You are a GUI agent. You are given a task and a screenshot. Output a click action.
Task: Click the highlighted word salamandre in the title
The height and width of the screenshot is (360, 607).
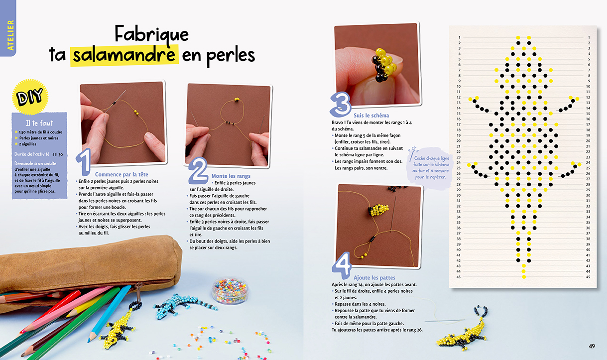point(124,55)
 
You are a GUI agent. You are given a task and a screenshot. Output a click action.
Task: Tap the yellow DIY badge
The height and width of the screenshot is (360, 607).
point(30,97)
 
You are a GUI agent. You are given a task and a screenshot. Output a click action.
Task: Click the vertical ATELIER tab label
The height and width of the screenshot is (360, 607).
point(10,35)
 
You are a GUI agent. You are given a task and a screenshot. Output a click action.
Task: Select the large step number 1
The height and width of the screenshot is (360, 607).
point(84,162)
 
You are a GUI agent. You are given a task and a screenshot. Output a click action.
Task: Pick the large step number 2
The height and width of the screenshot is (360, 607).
point(198,171)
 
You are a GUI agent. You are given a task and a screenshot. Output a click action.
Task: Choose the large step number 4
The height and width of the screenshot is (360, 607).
point(342,265)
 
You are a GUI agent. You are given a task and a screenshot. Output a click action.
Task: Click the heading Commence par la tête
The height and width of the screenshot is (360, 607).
point(121,174)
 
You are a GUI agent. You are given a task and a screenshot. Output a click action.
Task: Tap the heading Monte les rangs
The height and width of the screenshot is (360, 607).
point(231,176)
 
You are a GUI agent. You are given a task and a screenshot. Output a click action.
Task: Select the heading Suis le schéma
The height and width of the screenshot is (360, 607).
point(371,116)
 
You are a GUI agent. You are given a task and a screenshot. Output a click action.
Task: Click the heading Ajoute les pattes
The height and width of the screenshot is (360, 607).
point(374,278)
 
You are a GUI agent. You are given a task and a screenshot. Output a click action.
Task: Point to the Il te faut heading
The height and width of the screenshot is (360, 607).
point(39,123)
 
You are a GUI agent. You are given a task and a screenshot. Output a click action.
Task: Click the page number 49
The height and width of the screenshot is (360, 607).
point(592,346)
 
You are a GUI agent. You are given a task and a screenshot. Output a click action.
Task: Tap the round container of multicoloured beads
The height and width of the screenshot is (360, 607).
point(230,290)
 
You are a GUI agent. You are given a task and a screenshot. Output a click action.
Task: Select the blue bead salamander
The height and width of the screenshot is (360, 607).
point(184,306)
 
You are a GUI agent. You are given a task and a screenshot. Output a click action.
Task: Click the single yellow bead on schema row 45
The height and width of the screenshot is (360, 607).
point(524,277)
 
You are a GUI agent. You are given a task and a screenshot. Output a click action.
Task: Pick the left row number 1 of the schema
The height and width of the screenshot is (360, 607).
point(459,37)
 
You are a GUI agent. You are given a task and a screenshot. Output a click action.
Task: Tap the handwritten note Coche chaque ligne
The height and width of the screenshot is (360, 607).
point(431,167)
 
